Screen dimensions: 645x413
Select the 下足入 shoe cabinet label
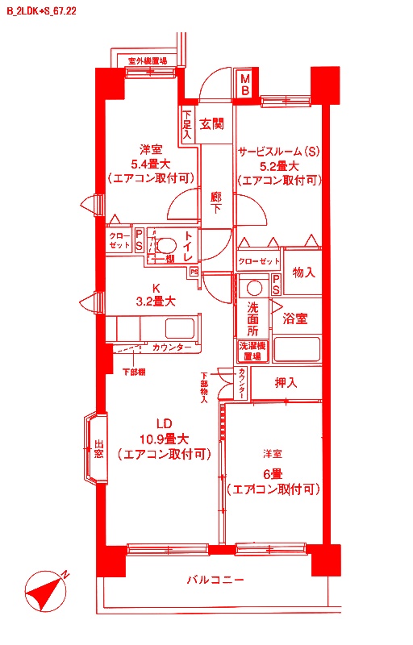tap(187, 125)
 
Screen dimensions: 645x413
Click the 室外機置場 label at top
tap(148, 60)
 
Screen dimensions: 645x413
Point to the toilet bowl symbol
tap(166, 246)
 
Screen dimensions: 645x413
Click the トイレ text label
tap(189, 246)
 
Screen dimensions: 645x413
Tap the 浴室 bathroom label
tap(294, 318)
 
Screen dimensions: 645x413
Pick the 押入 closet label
tap(286, 382)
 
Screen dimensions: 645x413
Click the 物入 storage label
tap(303, 273)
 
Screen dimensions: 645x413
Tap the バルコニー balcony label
tap(215, 580)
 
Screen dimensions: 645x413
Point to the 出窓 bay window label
tap(98, 449)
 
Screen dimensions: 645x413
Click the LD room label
tap(165, 424)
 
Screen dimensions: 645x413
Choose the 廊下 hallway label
tap(216, 202)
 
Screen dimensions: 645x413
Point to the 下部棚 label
tap(133, 372)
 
